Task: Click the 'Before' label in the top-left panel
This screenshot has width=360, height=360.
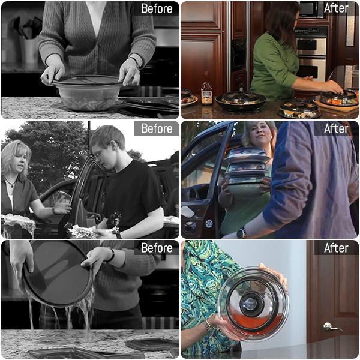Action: pyautogui.click(x=157, y=9)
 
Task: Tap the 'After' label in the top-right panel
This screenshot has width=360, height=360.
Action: pyautogui.click(x=336, y=8)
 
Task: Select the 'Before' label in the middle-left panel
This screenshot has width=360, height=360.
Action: pyautogui.click(x=157, y=128)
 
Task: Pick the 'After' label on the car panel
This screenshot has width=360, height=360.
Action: pyautogui.click(x=336, y=128)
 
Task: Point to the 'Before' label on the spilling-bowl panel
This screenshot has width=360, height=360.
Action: pyautogui.click(x=157, y=248)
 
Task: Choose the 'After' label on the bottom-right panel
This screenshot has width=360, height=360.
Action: pyautogui.click(x=336, y=248)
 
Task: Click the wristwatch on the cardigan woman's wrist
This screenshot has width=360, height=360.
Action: pyautogui.click(x=136, y=62)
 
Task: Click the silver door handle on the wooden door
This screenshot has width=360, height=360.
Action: pyautogui.click(x=331, y=326)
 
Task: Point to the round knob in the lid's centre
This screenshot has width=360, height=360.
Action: pyautogui.click(x=250, y=304)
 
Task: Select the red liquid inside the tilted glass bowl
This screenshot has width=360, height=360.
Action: pyautogui.click(x=253, y=321)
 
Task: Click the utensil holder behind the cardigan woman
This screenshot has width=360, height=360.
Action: pyautogui.click(x=29, y=49)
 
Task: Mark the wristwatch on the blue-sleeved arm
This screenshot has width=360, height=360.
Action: pyautogui.click(x=241, y=233)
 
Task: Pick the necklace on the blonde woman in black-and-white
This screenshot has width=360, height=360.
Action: pyautogui.click(x=11, y=183)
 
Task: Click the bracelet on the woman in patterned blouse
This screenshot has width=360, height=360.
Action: pyautogui.click(x=208, y=325)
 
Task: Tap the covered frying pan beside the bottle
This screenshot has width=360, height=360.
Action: pyautogui.click(x=241, y=100)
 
